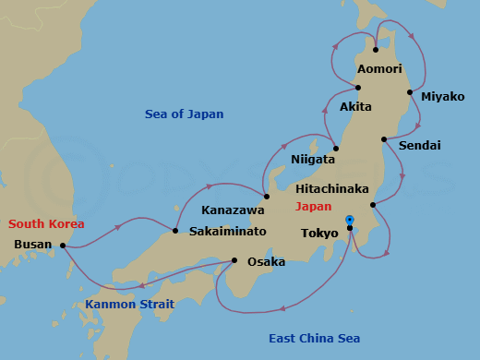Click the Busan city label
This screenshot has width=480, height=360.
33,246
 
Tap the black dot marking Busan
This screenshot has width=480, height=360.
63,246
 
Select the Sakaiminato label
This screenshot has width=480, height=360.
228,231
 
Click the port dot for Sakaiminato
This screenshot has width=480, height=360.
175,230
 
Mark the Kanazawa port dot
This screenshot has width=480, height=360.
266,196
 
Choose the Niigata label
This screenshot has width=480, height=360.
313,160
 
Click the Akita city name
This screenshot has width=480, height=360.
355,107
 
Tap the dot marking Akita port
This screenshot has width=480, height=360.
357,88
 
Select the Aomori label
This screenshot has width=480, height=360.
379,69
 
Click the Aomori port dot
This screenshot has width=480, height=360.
376,50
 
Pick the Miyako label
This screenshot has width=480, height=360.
442,97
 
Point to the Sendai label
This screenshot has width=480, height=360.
420,146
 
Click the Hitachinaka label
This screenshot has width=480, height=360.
332,188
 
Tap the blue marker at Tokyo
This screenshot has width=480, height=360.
349,220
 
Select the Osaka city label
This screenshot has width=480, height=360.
266,262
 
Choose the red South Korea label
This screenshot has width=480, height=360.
46,224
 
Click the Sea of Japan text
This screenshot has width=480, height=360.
185,114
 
